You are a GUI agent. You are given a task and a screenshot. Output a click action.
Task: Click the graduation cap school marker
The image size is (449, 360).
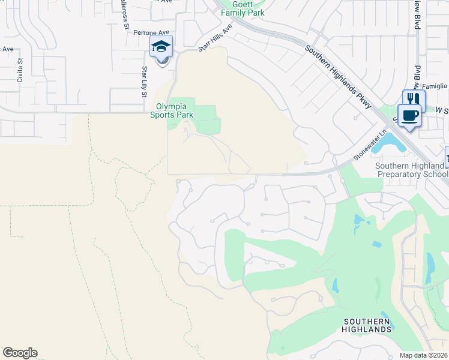pos(161,46)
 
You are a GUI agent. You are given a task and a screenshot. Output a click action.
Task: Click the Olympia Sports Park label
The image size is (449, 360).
pos(172,109)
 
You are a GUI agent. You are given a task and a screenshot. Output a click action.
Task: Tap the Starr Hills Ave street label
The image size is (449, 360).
pos(215,40)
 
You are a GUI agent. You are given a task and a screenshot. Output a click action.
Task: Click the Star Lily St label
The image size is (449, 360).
pos(144,80)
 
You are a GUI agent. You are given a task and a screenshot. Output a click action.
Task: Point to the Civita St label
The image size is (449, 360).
pos(20,70)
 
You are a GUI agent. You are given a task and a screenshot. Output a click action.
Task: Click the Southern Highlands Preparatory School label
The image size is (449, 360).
pos(411,170)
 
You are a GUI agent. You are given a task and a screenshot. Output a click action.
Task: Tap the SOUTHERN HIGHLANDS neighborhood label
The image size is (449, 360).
pos(367,325)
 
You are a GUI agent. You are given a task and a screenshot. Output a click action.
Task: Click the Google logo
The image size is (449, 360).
pos(20,353)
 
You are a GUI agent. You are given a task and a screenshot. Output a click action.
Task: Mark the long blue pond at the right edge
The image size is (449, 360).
pos(430,267)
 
